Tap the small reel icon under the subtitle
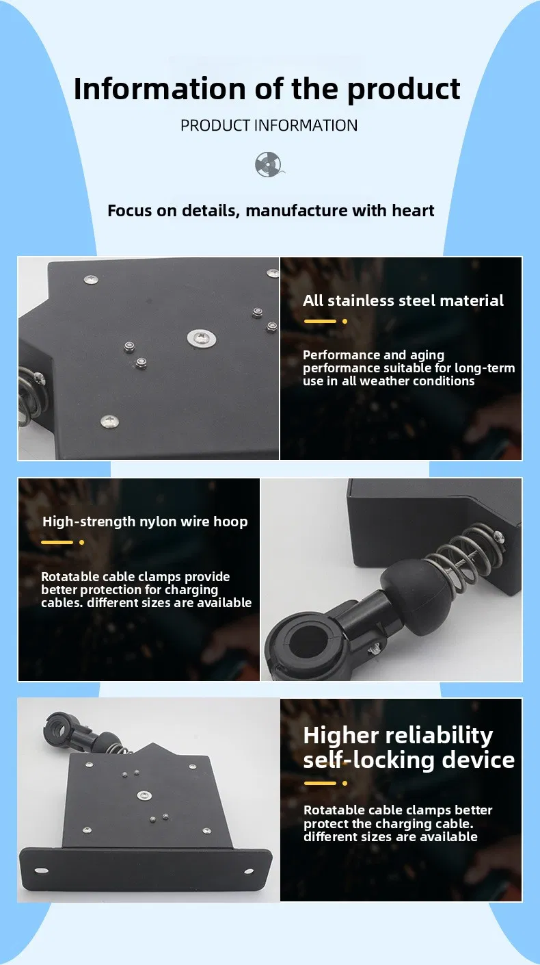267,165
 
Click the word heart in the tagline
413,210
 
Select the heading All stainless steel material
403,300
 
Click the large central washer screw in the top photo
201,337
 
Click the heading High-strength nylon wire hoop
144,522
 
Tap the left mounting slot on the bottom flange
41,871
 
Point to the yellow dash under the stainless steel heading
320,321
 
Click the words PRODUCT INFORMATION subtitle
269,125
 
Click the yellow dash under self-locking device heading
320,783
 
